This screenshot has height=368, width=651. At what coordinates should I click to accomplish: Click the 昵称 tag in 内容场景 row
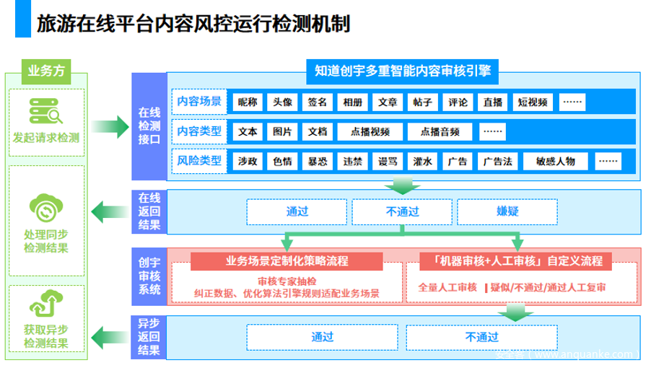click(248, 102)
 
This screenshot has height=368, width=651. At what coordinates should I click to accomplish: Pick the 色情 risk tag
click(282, 161)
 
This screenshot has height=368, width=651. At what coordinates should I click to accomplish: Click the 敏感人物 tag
click(556, 161)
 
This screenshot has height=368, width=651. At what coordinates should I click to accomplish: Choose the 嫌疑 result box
click(507, 211)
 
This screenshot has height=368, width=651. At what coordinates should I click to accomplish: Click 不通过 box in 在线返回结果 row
click(402, 211)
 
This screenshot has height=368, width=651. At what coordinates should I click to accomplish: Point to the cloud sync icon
click(46, 209)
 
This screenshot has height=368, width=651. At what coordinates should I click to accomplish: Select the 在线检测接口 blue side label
click(148, 126)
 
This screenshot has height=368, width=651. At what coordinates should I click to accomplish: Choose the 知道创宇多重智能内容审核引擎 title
click(403, 71)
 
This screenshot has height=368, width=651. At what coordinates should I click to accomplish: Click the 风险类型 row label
click(199, 160)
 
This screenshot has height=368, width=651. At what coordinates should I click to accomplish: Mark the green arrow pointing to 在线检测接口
click(110, 126)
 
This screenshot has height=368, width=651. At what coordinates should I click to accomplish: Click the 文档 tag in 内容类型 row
click(317, 131)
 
